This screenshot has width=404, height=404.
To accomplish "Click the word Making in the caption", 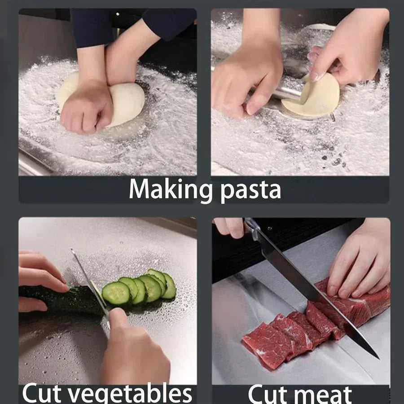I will [171, 189].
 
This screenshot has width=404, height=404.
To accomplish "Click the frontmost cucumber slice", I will [116, 293].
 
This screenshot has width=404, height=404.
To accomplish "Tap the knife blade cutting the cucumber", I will [90, 281].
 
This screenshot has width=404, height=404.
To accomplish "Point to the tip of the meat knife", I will [376, 356].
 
